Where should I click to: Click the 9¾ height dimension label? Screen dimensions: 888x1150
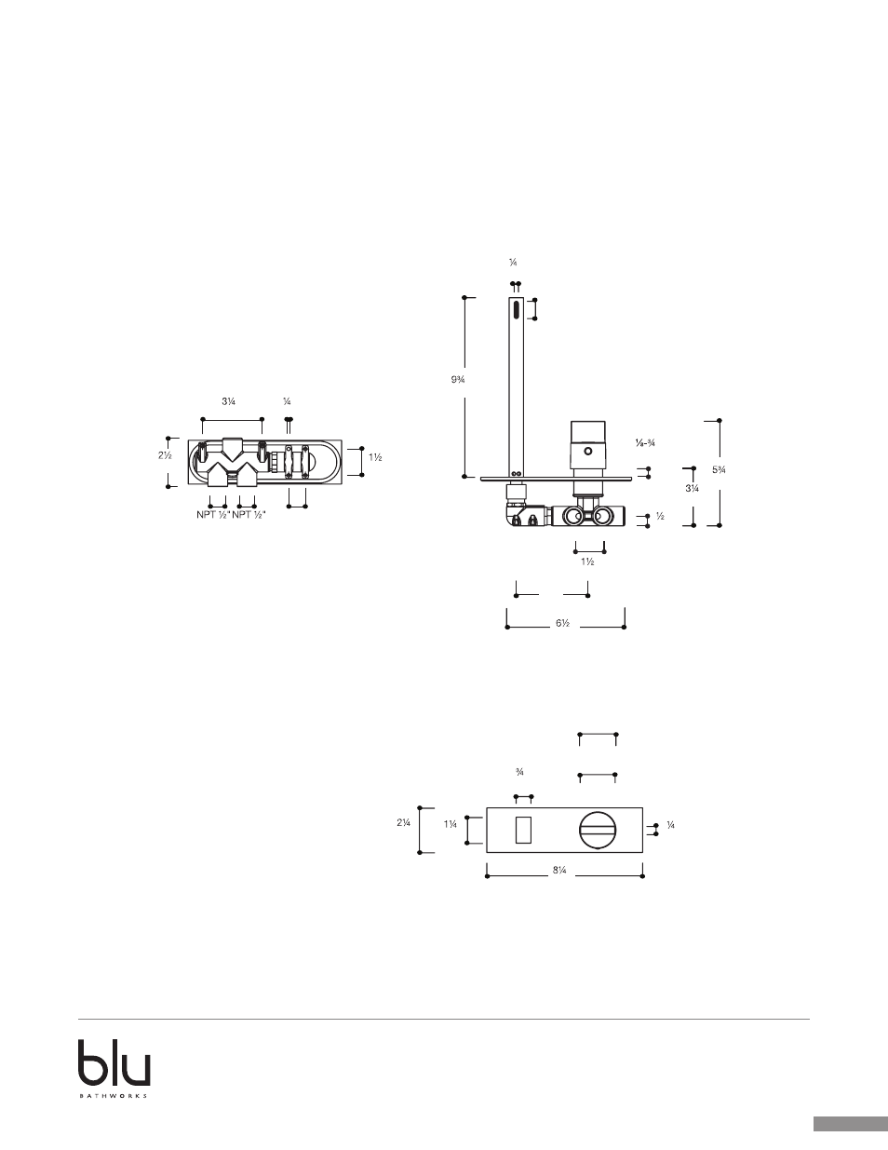(457, 379)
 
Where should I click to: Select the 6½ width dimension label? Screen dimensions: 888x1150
(562, 624)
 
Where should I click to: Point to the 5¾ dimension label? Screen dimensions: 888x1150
(719, 469)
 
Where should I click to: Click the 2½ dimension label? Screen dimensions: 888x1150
(165, 455)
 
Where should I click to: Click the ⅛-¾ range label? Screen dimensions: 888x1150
(645, 443)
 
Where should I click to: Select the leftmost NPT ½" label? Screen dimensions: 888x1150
(212, 514)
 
